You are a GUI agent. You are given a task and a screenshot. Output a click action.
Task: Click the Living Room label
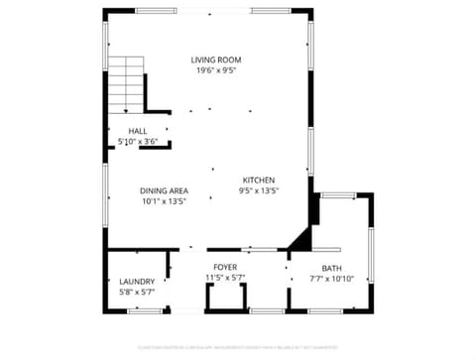coord(215,60)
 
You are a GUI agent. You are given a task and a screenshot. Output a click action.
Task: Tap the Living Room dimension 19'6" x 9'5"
coord(215,71)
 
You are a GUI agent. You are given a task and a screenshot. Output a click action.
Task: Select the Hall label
coord(138,131)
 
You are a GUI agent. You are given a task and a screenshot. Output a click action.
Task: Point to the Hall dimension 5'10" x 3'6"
coord(138,142)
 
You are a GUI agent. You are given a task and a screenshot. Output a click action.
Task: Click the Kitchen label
coord(259,180)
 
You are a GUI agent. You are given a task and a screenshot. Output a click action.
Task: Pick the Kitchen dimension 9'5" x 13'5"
coord(259,190)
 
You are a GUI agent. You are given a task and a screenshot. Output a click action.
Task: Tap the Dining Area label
coord(165,190)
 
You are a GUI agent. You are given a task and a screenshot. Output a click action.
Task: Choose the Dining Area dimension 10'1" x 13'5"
coord(165,201)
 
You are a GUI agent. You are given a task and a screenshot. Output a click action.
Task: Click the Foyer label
coord(225,268)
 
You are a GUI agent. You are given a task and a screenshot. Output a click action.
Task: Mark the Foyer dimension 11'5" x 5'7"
coord(225,278)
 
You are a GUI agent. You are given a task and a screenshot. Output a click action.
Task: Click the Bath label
coord(330,268)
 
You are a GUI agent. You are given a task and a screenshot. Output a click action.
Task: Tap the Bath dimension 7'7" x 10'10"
coord(330,279)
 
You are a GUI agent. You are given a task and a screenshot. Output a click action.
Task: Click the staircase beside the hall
coord(126,84)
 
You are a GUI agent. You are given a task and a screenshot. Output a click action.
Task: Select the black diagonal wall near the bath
coord(300,241)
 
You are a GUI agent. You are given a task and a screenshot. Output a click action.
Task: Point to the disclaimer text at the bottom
coord(238,347)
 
